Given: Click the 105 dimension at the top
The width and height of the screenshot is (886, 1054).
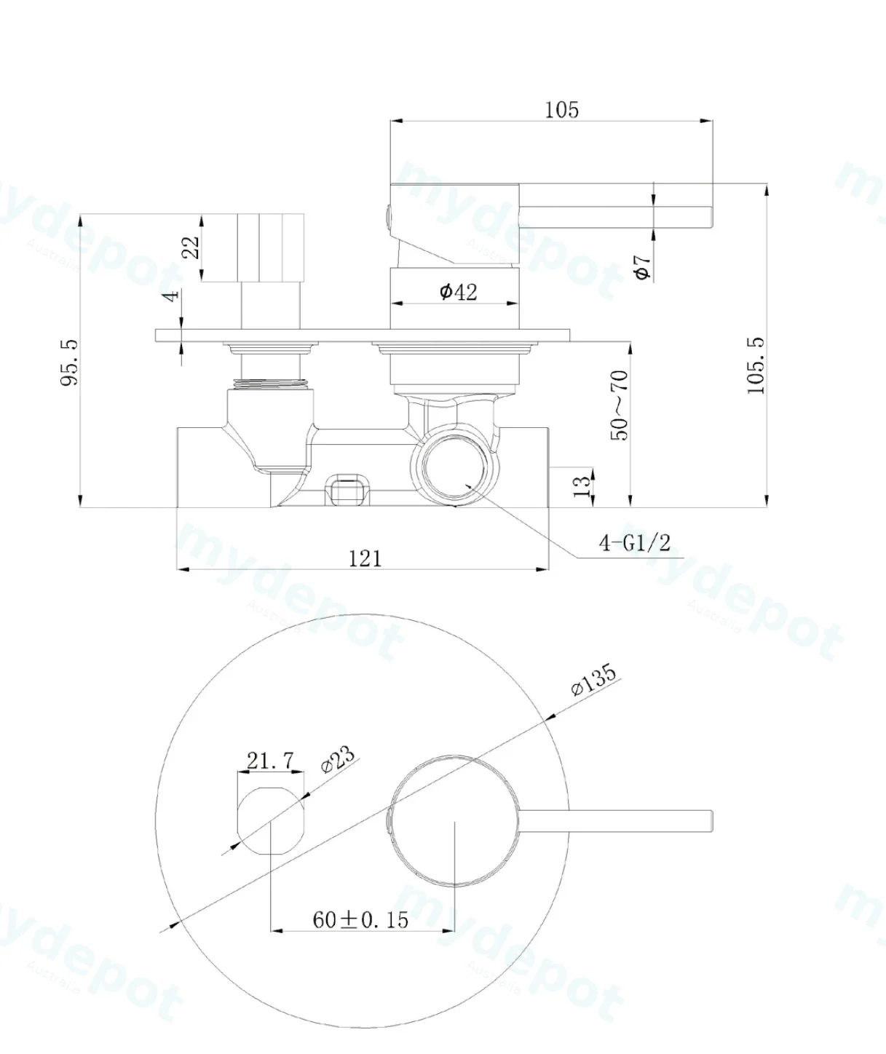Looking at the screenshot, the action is pos(561,110).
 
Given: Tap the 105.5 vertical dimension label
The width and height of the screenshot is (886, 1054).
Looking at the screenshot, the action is pos(756,366).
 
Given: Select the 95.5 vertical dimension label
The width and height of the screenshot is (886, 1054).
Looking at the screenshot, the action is pos(70,363).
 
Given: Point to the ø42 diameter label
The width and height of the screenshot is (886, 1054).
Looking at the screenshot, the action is pos(458,292).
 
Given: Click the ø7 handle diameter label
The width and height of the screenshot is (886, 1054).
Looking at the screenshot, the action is pos(642,267).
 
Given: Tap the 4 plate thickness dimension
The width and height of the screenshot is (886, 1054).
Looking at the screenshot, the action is pos(173,295).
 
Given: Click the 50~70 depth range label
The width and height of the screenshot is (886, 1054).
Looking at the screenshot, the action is pos(620,405).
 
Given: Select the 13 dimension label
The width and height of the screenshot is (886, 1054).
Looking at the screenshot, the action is pos(582,486).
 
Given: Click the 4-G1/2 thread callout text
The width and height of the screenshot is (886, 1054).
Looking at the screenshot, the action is pos(635,543).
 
